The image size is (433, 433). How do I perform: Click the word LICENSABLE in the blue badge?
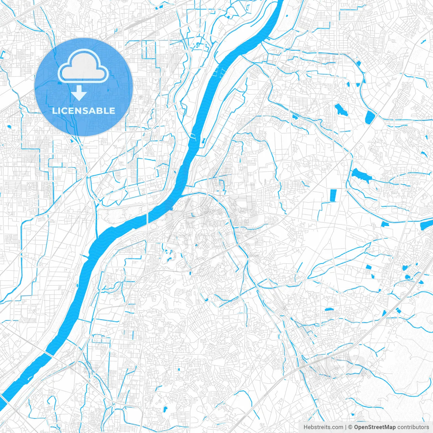pos(84,111)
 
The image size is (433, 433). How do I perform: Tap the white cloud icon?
pos(83,66)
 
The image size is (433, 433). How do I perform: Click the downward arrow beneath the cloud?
pos(79,93)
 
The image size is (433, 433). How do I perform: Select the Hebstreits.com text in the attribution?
pos(323,427)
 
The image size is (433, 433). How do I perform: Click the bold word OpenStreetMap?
pos(375,427)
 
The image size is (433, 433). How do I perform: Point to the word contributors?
pos(413,427)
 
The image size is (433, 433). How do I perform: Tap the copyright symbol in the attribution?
pos(351,427)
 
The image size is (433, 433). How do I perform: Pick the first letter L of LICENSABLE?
pos(55,111)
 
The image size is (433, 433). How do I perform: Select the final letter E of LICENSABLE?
pos(112,111)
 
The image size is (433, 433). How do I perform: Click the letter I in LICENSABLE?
pos(59,111)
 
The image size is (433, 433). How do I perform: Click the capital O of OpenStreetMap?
pos(357,427)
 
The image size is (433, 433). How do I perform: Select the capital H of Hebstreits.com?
pos(305,427)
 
